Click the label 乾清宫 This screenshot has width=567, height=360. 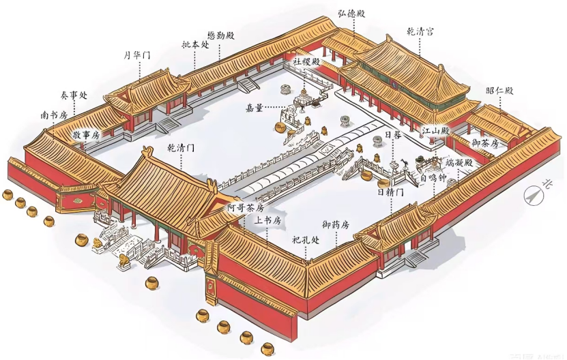tap(420, 32)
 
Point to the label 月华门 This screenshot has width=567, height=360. tap(137, 55)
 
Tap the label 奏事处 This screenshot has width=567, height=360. tap(74, 95)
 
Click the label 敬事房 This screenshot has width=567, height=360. tap(87, 135)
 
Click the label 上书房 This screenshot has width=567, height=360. tap(267, 221)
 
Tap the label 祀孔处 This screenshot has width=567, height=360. tap(306, 239)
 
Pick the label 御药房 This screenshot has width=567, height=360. tap(336, 224)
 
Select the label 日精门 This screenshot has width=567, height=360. tap(390, 192)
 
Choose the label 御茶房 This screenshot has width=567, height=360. tap(485, 143)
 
